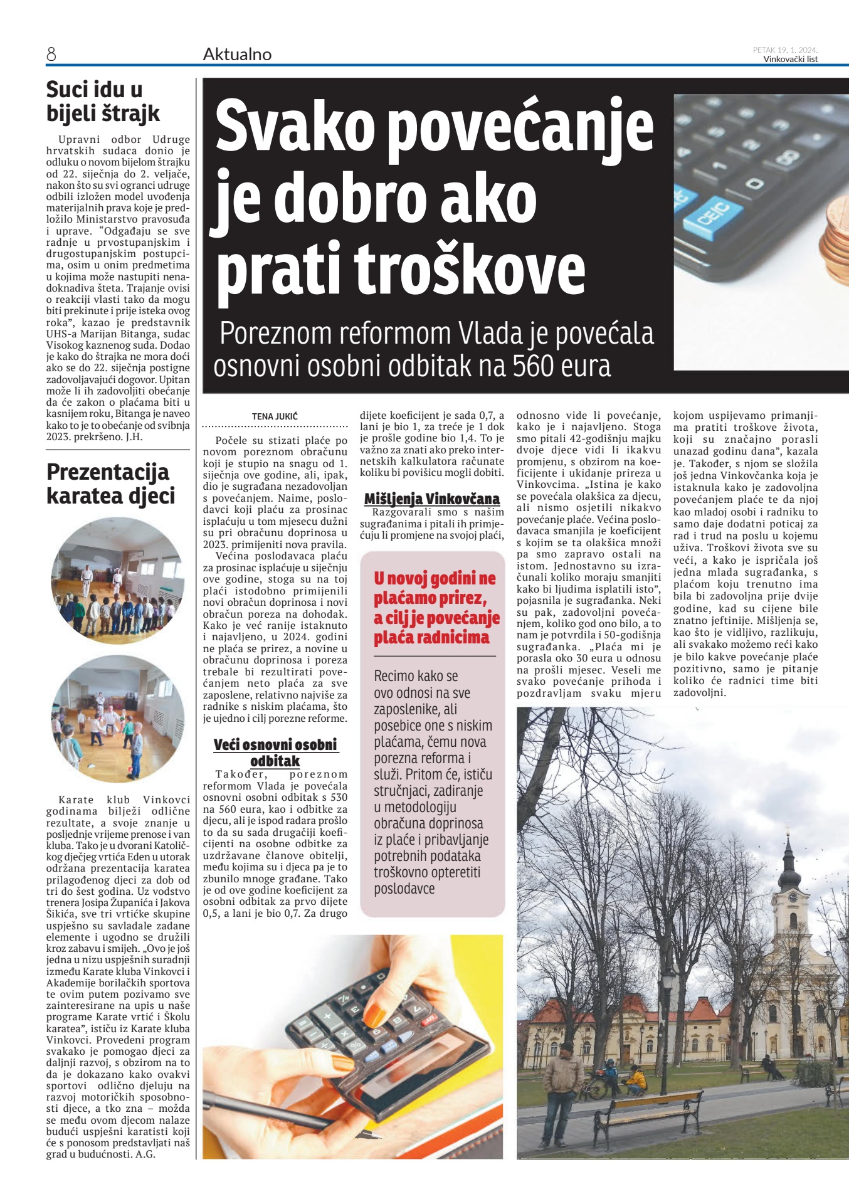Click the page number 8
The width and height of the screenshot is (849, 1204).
[51, 55]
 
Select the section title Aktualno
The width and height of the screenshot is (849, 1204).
[237, 55]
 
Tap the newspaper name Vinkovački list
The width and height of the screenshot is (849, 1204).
[790, 60]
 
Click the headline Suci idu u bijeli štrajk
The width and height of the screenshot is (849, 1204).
[103, 101]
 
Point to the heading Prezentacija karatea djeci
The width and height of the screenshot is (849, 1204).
[110, 483]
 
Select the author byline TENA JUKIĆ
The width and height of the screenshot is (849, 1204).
[275, 416]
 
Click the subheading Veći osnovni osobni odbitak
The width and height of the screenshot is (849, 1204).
[275, 752]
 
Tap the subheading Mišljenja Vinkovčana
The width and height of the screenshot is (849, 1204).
[432, 499]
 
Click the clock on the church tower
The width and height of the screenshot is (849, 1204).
[793, 897]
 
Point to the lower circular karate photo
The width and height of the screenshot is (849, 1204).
[117, 719]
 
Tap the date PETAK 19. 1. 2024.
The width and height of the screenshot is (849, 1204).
[785, 50]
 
